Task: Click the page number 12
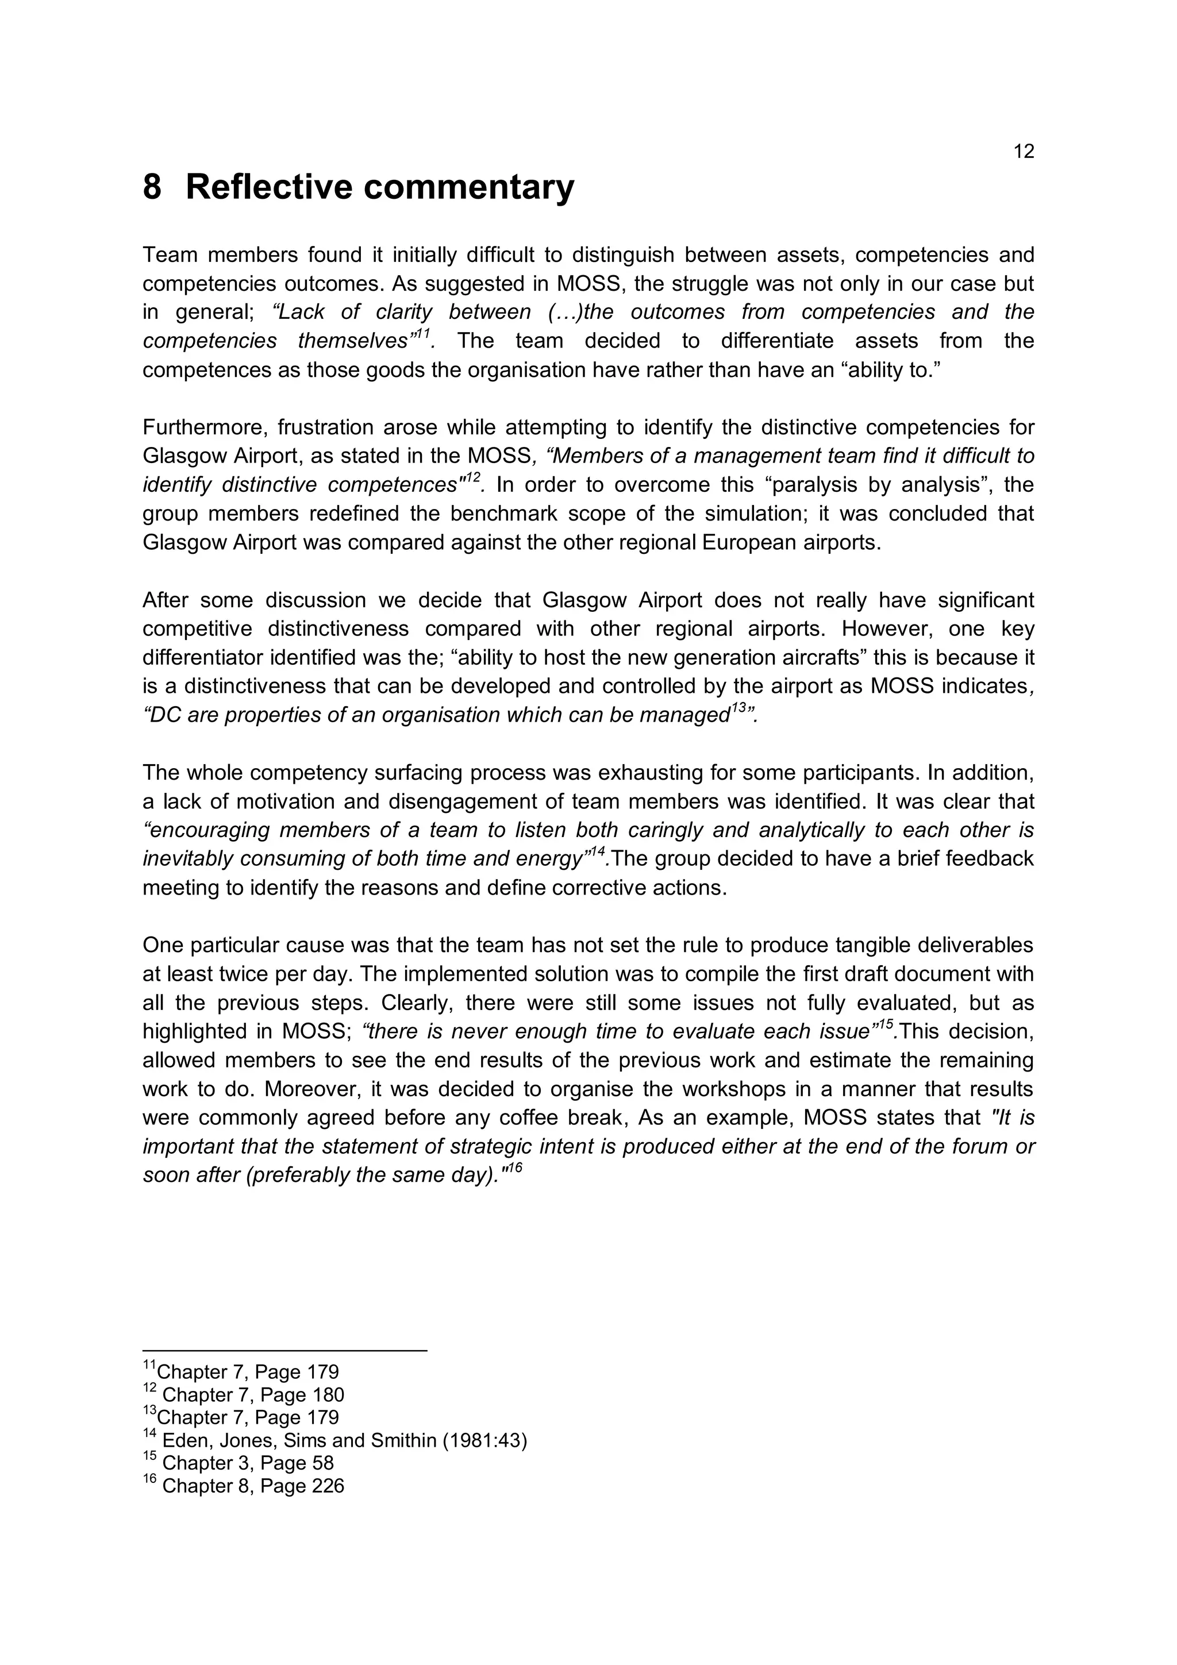pos(1023,152)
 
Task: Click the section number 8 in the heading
pos(152,187)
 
